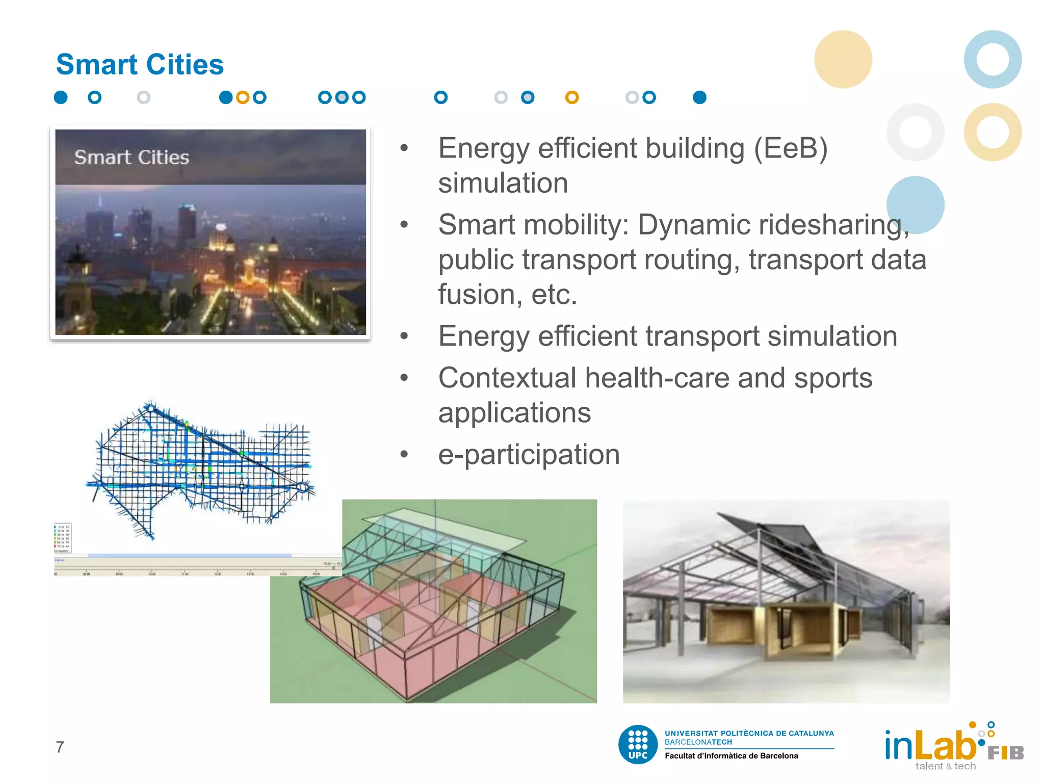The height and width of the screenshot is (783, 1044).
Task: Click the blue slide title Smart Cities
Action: [x=140, y=65]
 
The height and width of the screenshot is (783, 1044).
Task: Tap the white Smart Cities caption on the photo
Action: [x=132, y=158]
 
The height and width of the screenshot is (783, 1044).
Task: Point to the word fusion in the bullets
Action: [x=477, y=295]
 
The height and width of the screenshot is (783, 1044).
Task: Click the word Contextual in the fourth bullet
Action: [x=507, y=378]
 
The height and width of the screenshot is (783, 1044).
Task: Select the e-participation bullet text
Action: [x=529, y=455]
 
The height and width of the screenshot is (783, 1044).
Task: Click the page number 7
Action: [x=60, y=747]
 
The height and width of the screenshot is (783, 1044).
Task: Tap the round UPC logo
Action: [x=638, y=745]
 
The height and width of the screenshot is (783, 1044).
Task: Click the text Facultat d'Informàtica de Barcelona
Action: [x=731, y=756]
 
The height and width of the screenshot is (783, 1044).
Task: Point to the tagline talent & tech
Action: [x=945, y=766]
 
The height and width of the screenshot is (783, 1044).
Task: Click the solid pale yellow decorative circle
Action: [x=843, y=60]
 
